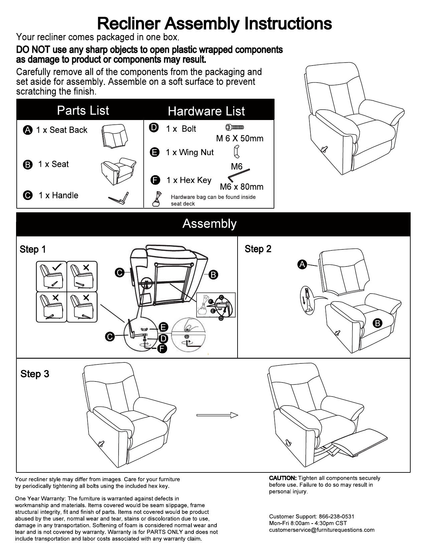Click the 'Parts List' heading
[83, 111]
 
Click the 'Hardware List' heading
[206, 111]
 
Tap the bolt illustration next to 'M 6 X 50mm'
[235, 127]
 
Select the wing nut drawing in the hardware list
[236, 151]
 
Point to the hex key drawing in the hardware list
[238, 175]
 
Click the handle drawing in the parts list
[119, 198]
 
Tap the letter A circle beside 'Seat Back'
[28, 130]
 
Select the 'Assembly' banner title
[209, 224]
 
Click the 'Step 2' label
[258, 249]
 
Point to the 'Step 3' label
[35, 374]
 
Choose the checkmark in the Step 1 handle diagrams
[57, 267]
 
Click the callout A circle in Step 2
[302, 265]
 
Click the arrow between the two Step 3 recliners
[217, 415]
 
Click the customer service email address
[322, 530]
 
